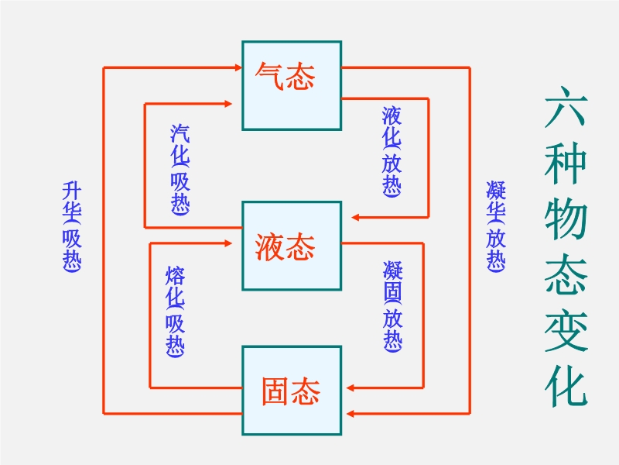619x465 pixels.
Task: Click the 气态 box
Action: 292,85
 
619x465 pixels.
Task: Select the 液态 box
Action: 292,246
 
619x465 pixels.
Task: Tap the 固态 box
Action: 292,391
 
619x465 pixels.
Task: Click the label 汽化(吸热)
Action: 180,169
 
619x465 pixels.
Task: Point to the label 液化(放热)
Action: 392,150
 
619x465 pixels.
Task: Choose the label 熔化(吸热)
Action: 176,312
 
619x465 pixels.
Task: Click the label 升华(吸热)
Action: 73,226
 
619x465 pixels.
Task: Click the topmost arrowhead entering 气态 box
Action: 237,68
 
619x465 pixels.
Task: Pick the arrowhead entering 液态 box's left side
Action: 232,243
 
